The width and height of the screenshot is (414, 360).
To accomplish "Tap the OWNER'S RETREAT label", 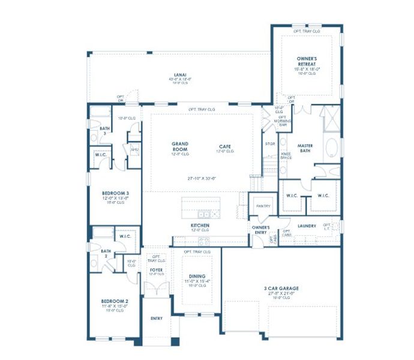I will point(307,61).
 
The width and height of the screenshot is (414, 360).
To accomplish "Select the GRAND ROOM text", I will point(181,146).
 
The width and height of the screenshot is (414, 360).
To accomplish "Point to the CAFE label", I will point(224,146).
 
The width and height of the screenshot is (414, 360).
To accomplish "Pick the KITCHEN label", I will point(200,226).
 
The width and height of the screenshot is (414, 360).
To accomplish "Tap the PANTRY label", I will point(263,206).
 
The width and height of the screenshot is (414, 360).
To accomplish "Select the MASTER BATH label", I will point(305,148).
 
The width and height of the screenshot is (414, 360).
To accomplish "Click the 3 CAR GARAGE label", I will point(280,289).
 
